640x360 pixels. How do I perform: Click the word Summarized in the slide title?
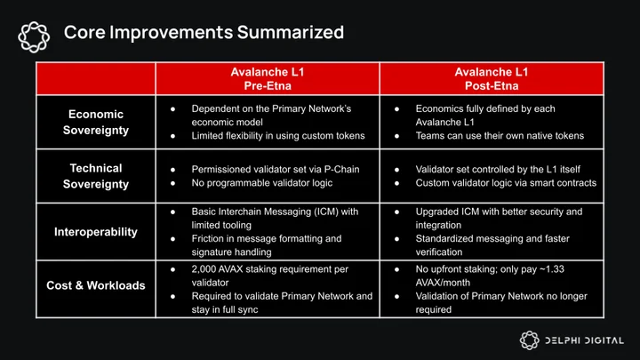coord(291,32)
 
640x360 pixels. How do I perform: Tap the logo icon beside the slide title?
coord(34,37)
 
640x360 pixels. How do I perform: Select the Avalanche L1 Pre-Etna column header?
coord(268,79)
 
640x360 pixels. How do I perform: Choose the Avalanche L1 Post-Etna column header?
coord(492,79)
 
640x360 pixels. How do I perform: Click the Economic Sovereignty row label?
coord(96,122)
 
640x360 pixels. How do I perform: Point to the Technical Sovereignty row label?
coord(96,176)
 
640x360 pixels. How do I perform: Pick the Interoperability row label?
coord(96,232)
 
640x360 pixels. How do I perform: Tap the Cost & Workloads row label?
coord(96,285)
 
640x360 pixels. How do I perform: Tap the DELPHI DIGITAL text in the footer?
coord(585,340)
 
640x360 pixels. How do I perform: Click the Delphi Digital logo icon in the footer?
coord(530,340)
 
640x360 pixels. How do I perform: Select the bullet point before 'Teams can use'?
coord(396,136)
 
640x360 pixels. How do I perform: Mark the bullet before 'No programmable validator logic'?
coord(172,183)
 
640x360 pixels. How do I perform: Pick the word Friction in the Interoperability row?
coord(206,239)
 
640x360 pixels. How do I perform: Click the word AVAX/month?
coord(443,283)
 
